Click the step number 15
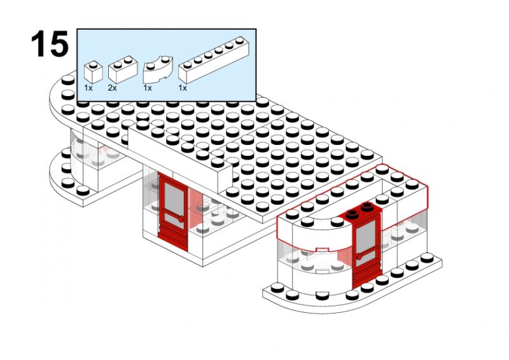(50, 44)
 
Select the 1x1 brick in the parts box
(93, 72)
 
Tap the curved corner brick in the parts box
(158, 69)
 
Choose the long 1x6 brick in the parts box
(214, 60)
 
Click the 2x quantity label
(113, 88)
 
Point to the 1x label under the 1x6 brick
(183, 88)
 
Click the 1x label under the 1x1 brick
(88, 88)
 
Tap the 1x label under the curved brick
(148, 88)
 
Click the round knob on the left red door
(181, 219)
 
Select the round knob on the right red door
(359, 257)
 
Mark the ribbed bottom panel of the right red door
(366, 275)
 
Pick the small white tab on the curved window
(323, 249)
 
